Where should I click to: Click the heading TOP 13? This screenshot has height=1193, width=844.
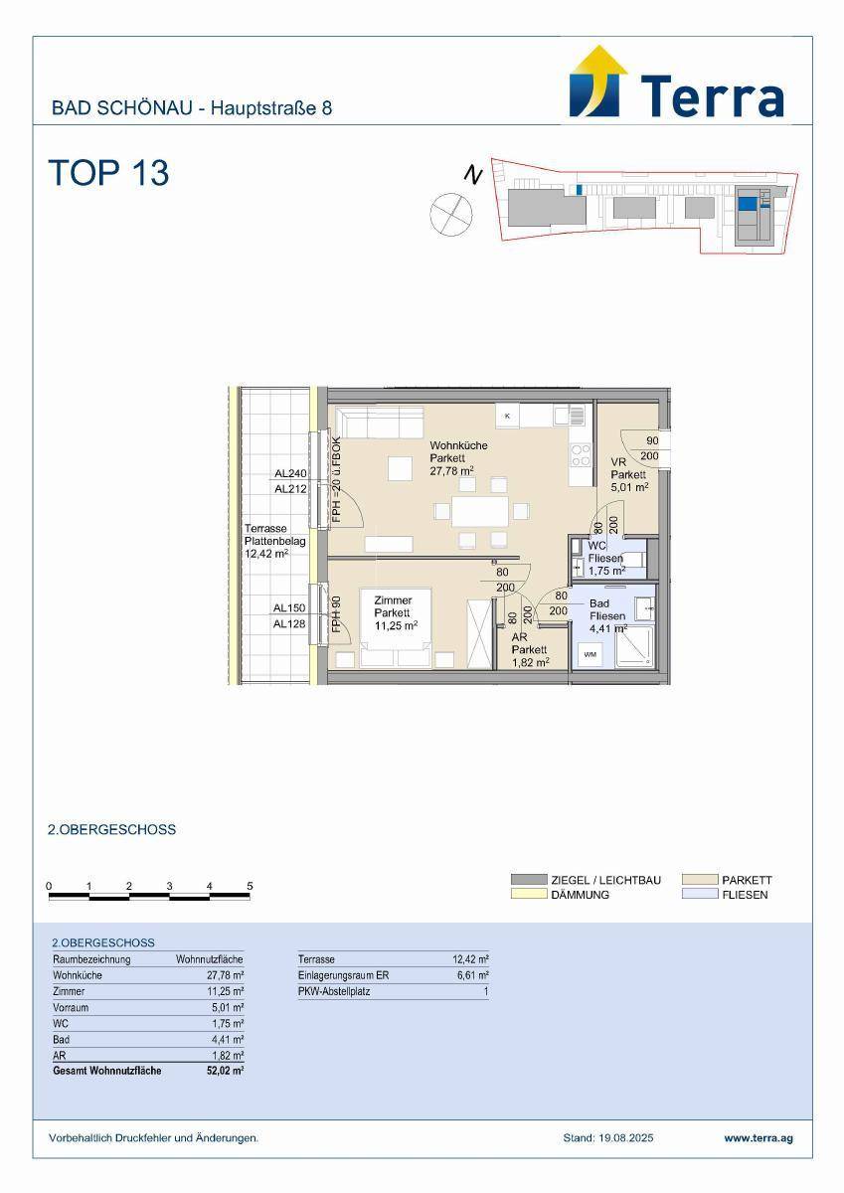(108, 173)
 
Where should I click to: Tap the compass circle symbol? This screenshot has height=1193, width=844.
(451, 214)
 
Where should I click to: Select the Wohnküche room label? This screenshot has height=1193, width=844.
(458, 445)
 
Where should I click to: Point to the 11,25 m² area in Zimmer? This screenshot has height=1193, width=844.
(396, 625)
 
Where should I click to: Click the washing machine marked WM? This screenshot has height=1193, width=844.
(590, 654)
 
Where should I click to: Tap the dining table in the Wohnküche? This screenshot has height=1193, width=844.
(480, 511)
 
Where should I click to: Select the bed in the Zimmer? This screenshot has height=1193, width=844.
(395, 628)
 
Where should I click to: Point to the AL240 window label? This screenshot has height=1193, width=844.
(290, 473)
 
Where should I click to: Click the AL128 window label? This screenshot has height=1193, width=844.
(289, 623)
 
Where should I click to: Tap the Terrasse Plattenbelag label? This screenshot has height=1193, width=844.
(274, 535)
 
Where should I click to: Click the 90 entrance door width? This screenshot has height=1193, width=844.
(652, 440)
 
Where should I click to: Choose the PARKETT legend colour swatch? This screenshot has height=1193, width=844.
(700, 880)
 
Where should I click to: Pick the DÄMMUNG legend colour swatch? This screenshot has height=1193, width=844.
(529, 894)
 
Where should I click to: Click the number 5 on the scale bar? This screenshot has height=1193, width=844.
(250, 886)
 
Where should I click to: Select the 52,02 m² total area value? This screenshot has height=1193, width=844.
(226, 1071)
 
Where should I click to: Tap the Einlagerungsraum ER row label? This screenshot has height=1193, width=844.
(343, 975)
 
